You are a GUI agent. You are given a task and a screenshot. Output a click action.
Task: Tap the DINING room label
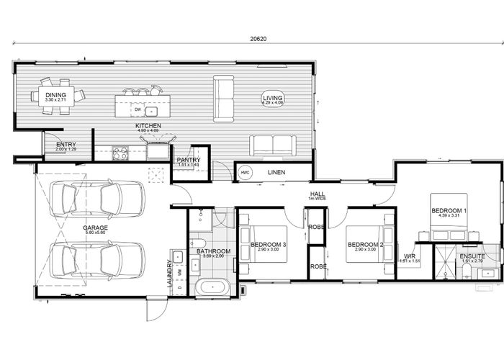55,95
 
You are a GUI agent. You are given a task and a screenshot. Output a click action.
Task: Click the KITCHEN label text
148,126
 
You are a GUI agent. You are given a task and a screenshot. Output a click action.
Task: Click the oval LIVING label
273,99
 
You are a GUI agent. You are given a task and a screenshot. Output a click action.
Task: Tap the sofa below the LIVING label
272,145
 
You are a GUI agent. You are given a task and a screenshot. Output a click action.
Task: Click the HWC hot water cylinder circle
245,173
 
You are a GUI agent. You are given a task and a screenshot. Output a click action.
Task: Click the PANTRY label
188,160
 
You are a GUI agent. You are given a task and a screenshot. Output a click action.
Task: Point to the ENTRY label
66,145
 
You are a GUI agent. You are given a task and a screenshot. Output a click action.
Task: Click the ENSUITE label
473,256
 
